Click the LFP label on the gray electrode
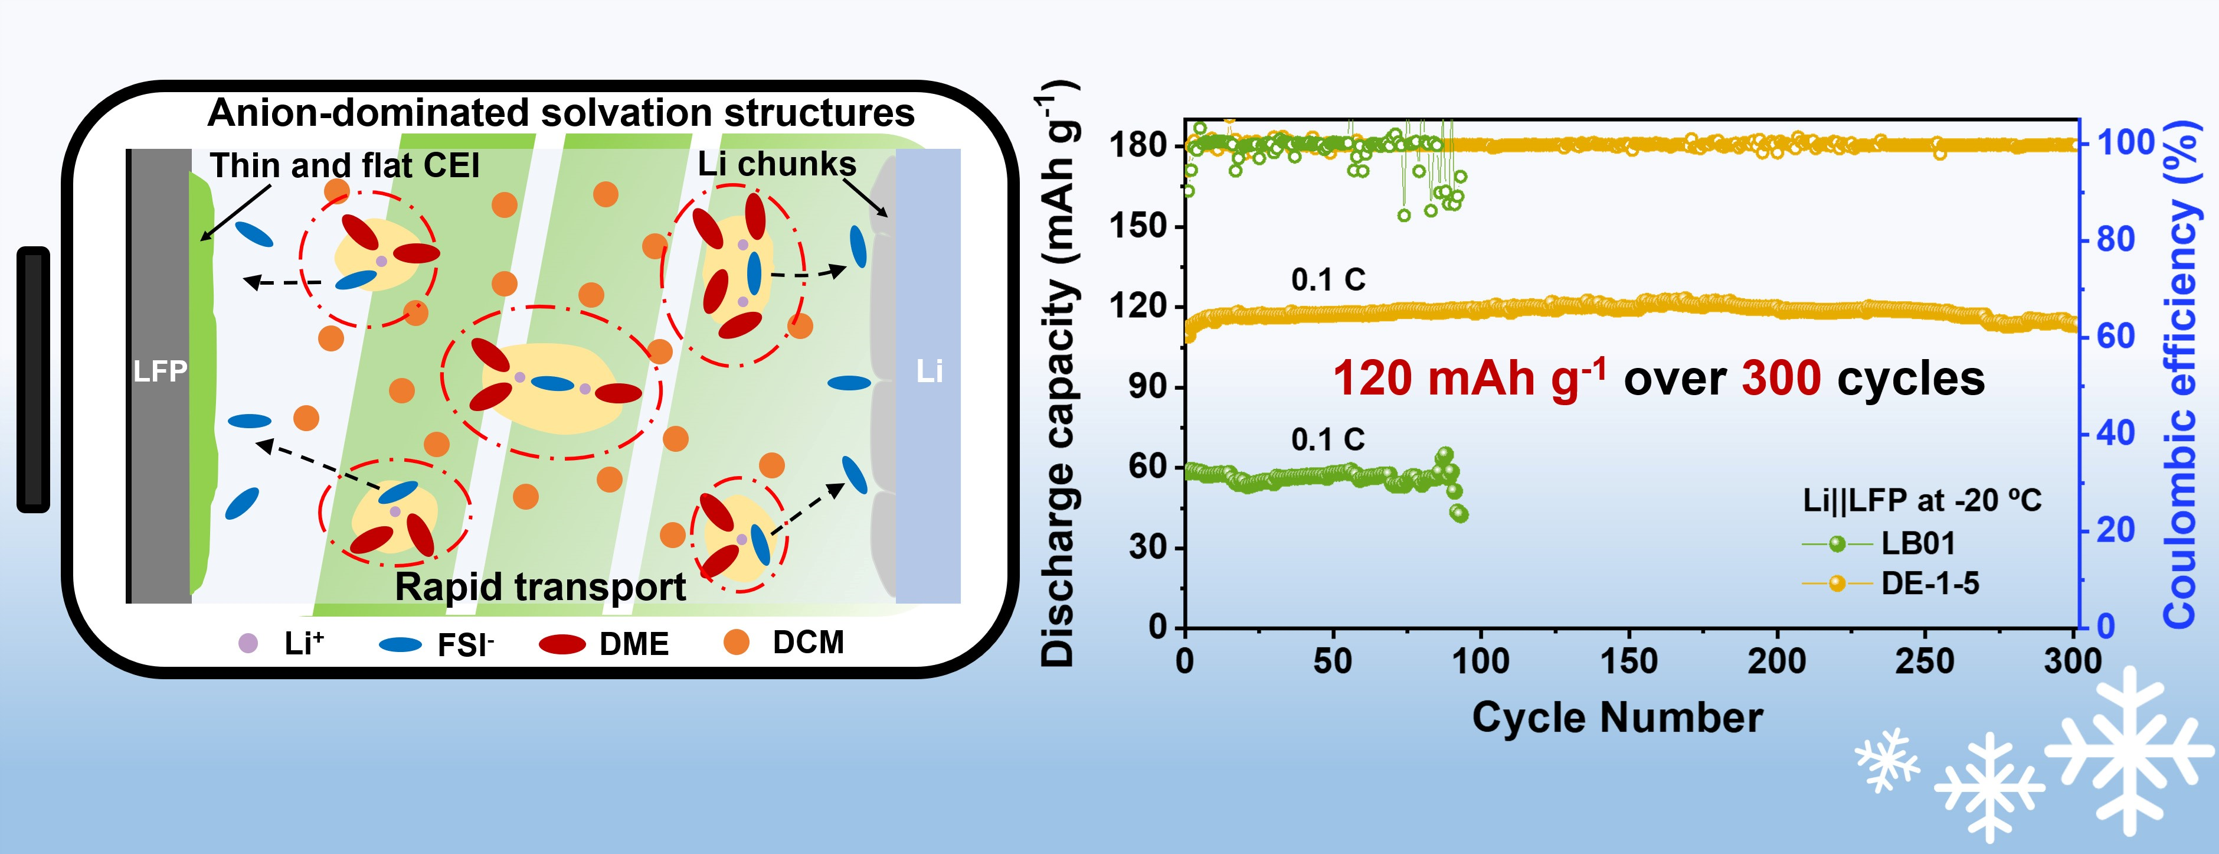(x=160, y=371)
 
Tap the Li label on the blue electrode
(x=928, y=371)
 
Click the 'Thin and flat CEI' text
(x=345, y=165)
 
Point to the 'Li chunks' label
(x=776, y=164)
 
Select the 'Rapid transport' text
(x=540, y=587)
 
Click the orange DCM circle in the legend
(x=736, y=642)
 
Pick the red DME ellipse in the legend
(x=562, y=644)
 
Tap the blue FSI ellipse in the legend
(x=401, y=644)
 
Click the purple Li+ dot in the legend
(x=248, y=643)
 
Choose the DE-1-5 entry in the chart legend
(x=1930, y=584)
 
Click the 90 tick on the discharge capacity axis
(x=1149, y=387)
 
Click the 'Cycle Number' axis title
(x=1617, y=718)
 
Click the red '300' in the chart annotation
(x=1781, y=379)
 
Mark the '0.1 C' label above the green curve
(x=1327, y=439)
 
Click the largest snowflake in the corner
(x=2129, y=749)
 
